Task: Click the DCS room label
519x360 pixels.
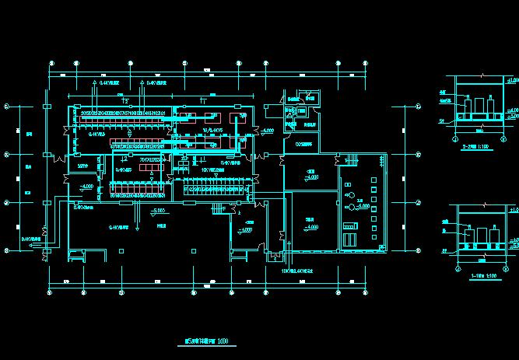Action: coord(303,143)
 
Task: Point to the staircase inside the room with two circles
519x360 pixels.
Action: coord(347,161)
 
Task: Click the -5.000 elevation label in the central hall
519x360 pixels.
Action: coord(160,211)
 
